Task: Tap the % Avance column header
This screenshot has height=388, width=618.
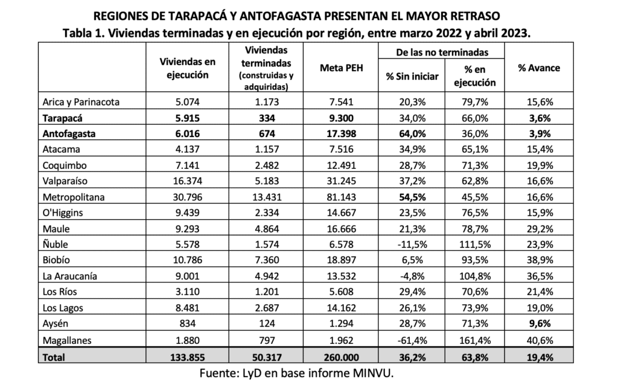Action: tap(538, 68)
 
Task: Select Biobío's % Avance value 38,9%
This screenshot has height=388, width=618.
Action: tap(538, 261)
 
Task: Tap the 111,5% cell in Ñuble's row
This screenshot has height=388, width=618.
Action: tap(475, 245)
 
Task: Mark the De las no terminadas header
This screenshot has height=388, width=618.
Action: tap(442, 53)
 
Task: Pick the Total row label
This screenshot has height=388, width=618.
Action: tap(54, 357)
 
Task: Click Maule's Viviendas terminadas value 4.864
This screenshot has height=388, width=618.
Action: tap(265, 229)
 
